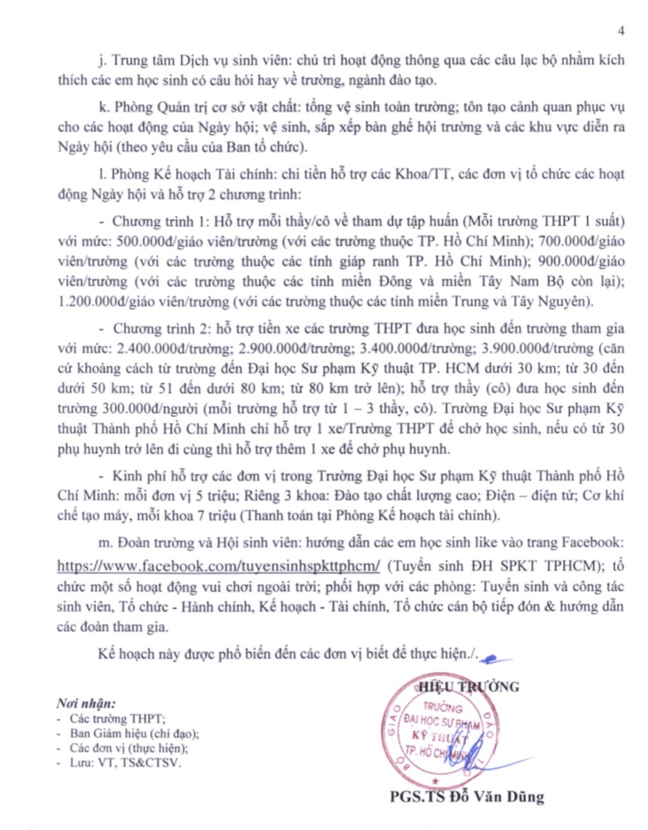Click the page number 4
point(621,31)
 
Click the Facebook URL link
point(218,566)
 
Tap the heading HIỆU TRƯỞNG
point(469,687)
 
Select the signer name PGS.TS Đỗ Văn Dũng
point(467,796)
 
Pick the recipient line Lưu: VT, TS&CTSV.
point(125,762)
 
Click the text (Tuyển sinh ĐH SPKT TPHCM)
point(496,566)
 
